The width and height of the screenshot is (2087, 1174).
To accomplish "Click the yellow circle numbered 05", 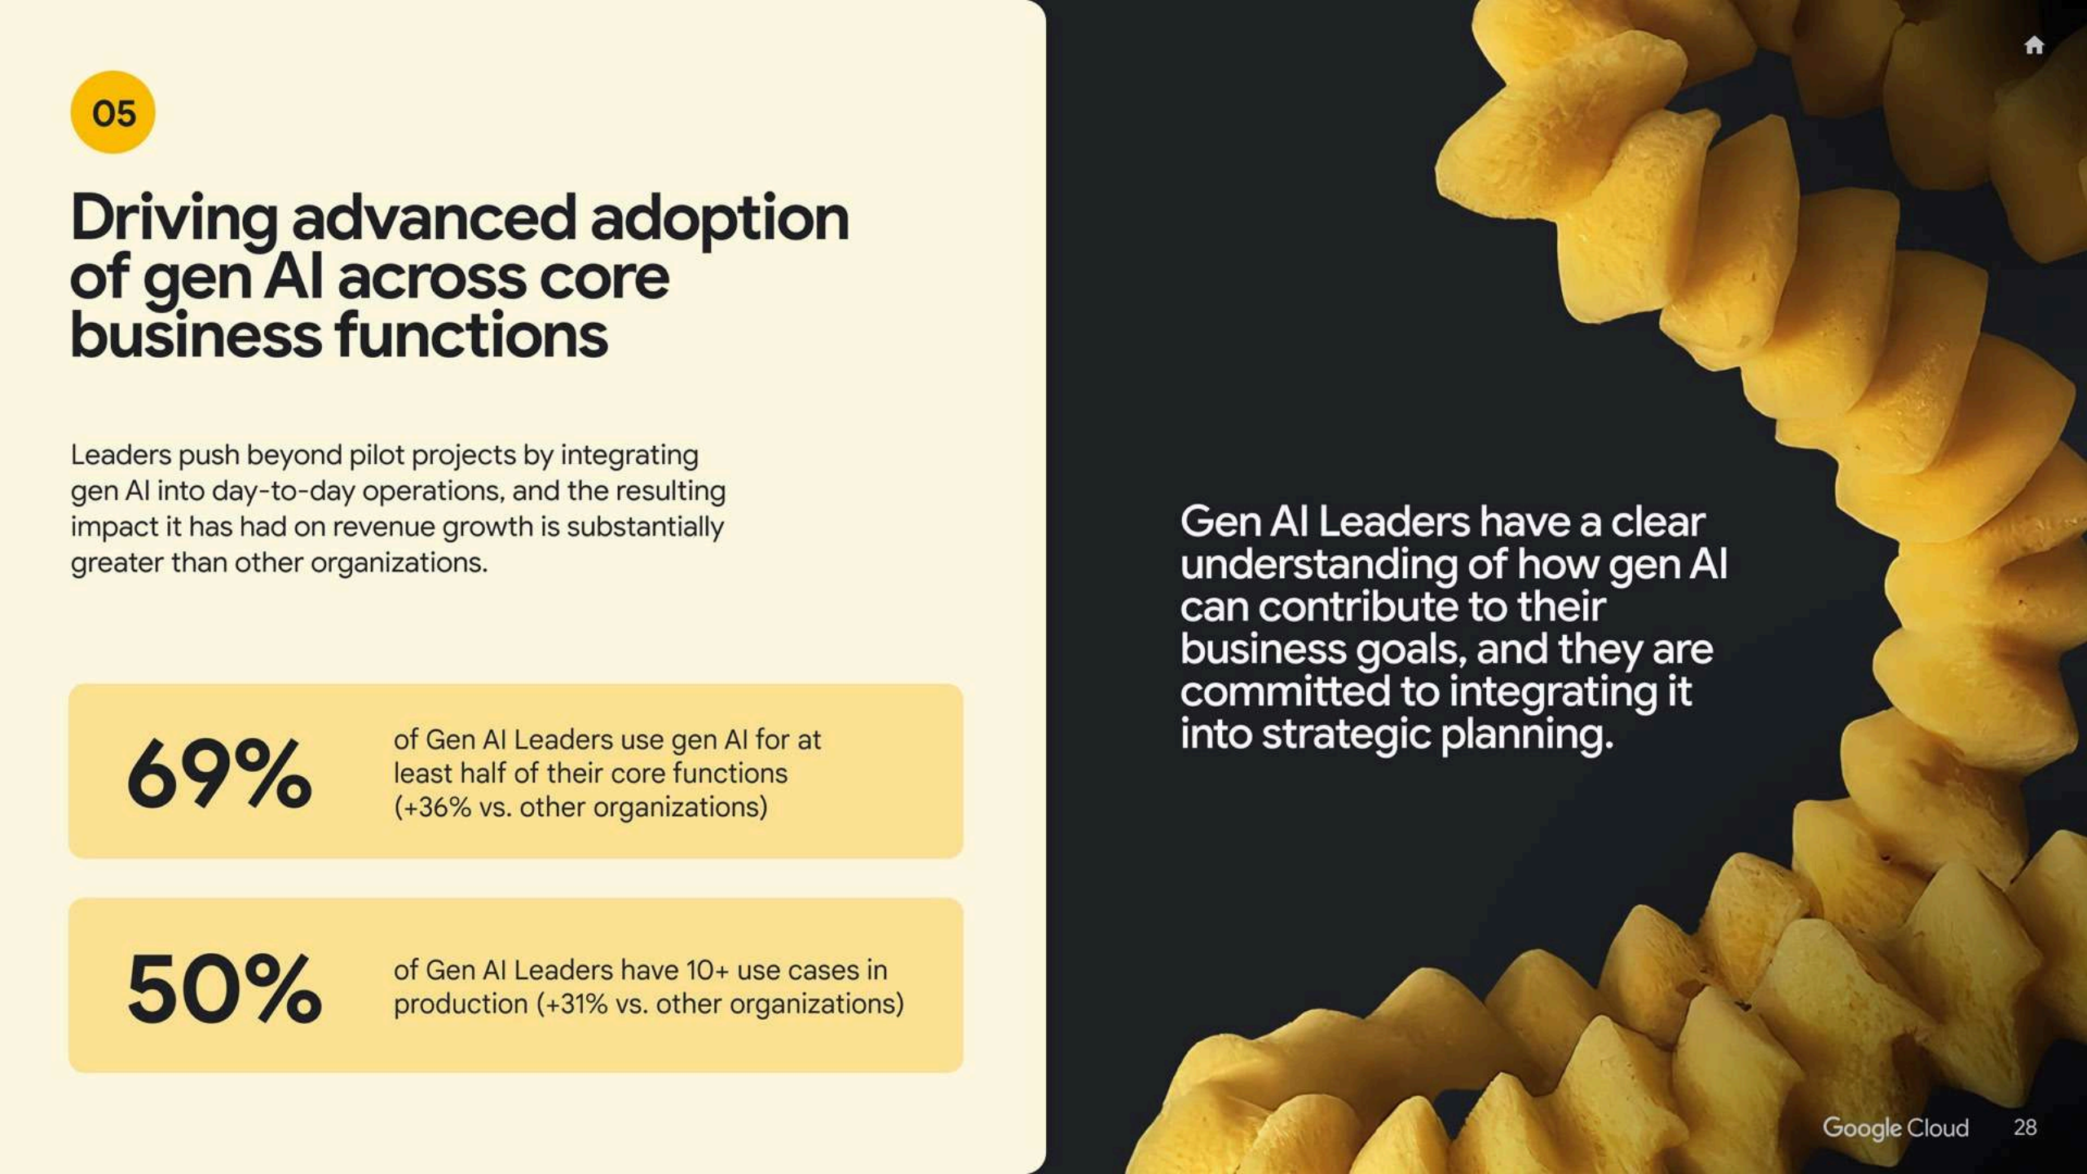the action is (x=113, y=113).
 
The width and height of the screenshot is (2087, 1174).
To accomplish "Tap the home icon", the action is (x=2034, y=45).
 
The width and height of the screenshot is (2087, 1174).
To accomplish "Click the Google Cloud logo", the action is (x=1895, y=1128).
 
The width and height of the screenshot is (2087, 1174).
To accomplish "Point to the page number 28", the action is (x=2025, y=1128).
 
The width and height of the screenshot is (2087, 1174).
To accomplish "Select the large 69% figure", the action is (x=219, y=772).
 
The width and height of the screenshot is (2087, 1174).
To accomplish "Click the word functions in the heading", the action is (x=471, y=336).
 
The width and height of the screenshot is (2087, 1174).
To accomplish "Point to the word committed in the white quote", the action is (x=1285, y=691).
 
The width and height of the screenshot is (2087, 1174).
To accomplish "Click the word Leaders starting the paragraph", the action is (x=121, y=455).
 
